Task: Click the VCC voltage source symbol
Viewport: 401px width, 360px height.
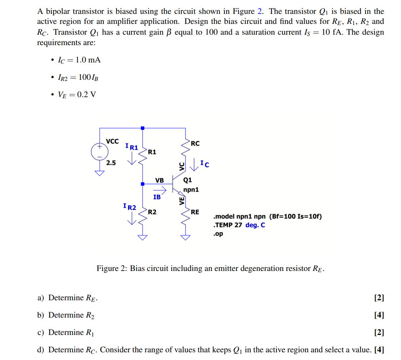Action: pos(99,151)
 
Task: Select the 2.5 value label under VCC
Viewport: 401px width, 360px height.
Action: pos(111,163)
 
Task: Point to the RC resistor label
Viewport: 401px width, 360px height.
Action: pos(195,144)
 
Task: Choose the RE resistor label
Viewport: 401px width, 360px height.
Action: pos(195,212)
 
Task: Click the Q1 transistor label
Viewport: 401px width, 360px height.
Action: pos(188,180)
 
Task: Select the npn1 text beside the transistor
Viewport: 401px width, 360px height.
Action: pos(191,190)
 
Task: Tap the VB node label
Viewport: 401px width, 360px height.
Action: pos(159,180)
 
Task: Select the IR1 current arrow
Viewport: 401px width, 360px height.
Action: pos(132,158)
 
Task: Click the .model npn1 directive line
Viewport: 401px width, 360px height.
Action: pos(267,216)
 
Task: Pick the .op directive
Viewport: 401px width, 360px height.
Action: pos(218,234)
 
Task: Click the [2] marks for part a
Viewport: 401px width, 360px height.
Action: pos(379,298)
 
